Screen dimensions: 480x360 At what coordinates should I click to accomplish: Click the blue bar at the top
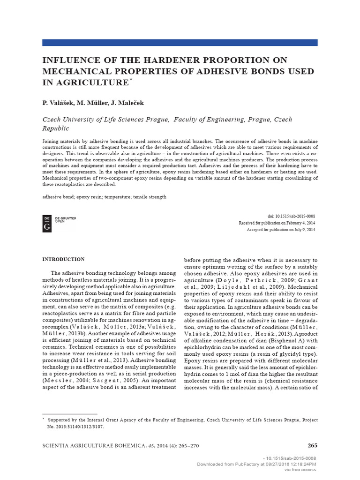click(180, 42)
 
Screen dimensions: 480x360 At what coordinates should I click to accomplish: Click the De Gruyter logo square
click(47, 223)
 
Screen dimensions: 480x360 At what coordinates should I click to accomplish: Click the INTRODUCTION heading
click(64, 259)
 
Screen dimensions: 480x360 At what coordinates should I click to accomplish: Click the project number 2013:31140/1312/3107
click(77, 427)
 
